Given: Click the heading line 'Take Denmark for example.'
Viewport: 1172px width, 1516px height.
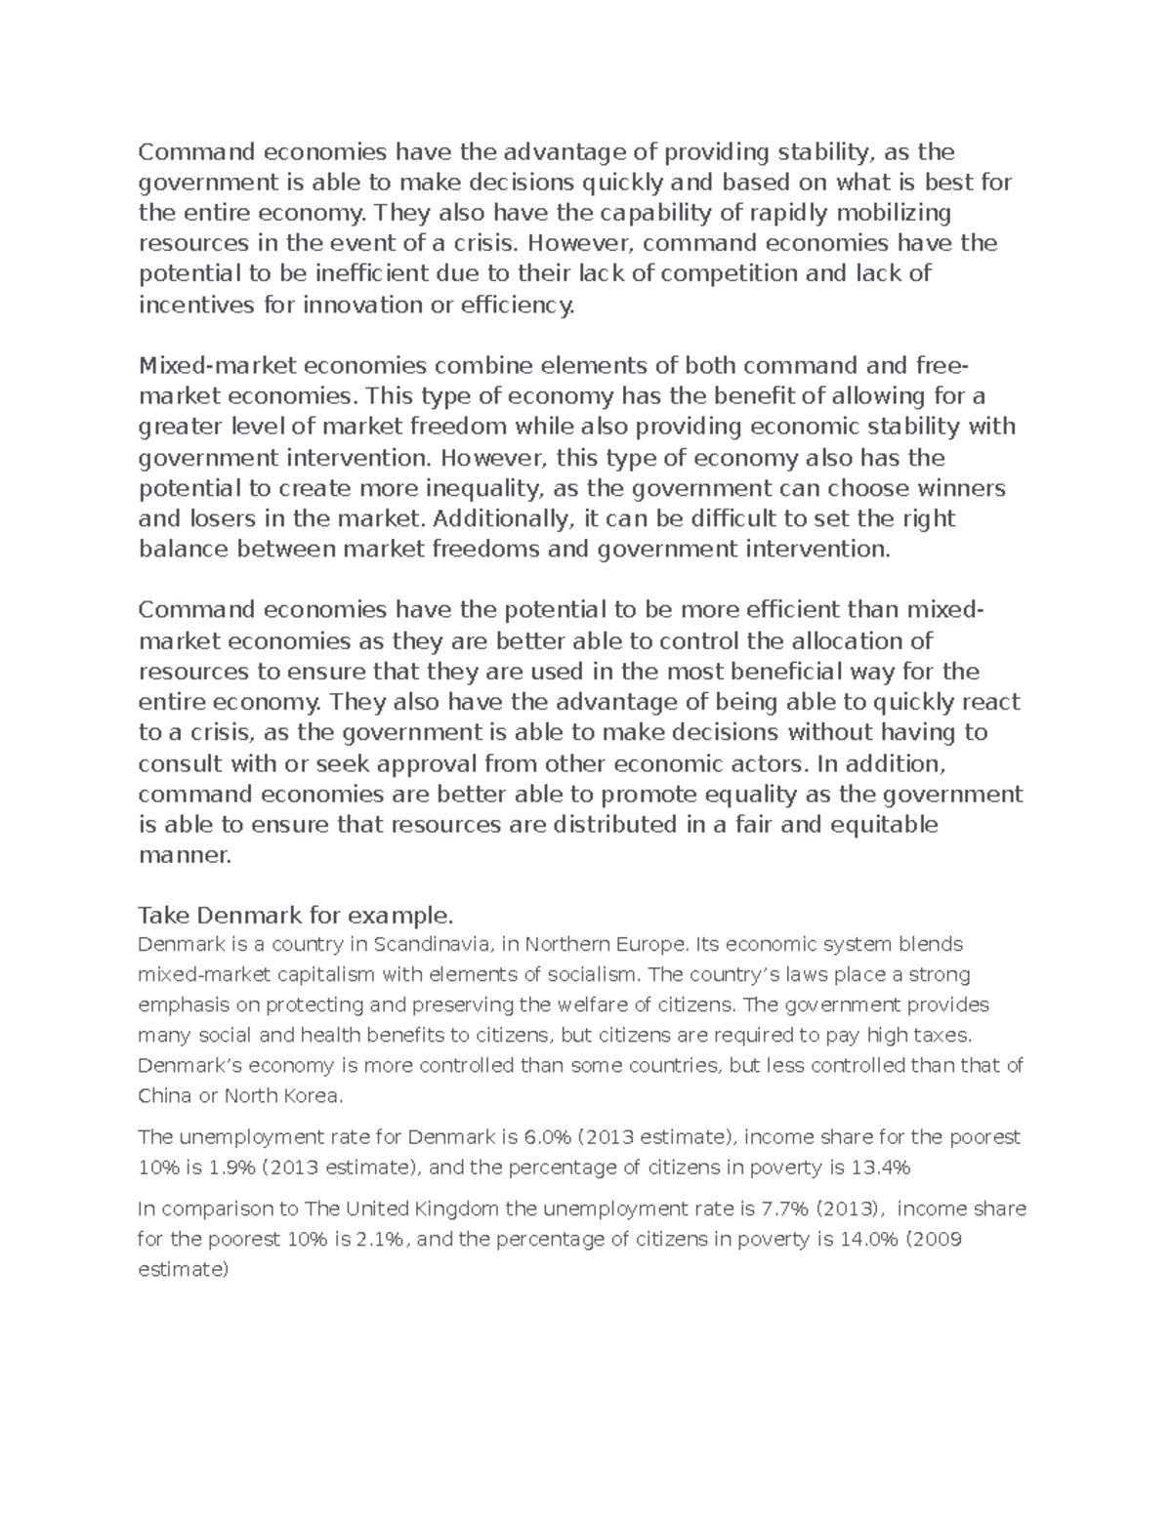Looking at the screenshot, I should (x=296, y=916).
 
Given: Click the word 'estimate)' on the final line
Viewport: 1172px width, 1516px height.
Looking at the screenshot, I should (x=184, y=1270).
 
